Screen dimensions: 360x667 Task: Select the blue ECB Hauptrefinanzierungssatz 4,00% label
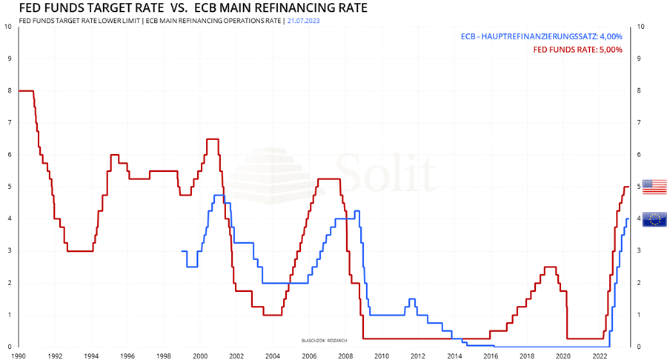point(541,36)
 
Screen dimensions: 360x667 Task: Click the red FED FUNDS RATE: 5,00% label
point(578,50)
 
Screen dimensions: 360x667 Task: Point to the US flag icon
point(654,187)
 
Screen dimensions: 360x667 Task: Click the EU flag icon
point(654,219)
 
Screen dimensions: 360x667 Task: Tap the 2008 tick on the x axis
point(345,356)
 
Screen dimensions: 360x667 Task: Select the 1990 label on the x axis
point(19,356)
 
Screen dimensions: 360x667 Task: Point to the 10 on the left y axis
point(8,27)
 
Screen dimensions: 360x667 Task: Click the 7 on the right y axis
point(640,123)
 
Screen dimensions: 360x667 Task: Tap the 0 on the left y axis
point(8,347)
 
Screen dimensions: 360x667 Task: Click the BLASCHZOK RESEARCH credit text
point(324,339)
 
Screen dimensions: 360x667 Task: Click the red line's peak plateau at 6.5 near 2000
point(212,139)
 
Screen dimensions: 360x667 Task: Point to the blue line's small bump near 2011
point(411,299)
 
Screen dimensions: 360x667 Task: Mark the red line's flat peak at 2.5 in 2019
point(550,267)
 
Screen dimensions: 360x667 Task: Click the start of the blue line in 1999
point(182,251)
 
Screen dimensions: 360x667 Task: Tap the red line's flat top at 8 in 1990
point(26,90)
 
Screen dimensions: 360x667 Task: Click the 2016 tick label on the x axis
point(490,356)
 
